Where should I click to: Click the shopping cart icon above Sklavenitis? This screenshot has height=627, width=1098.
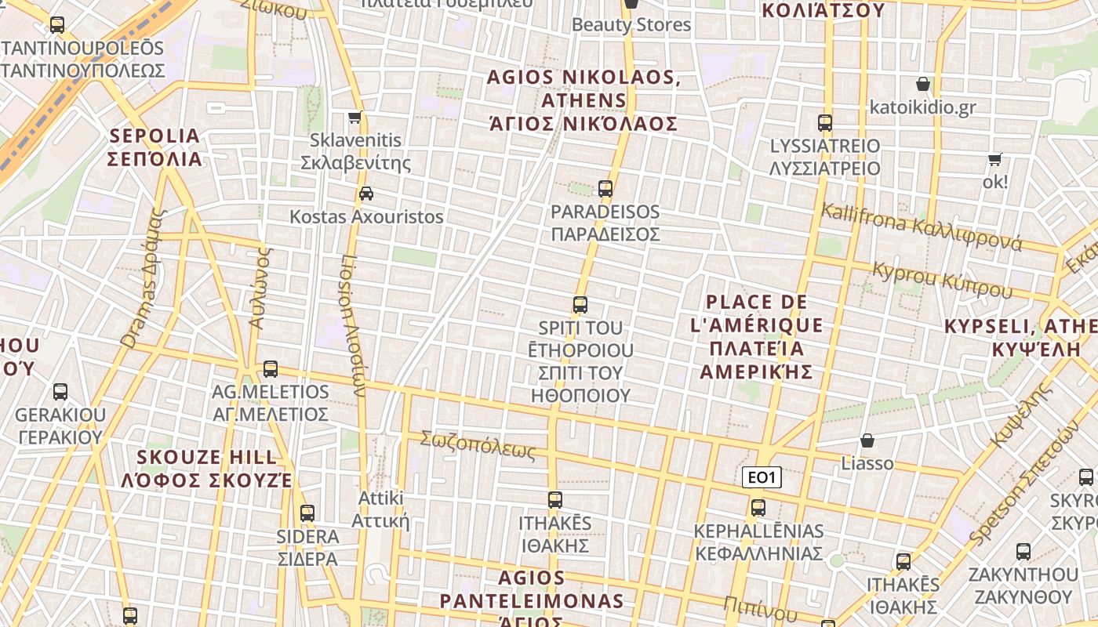[355, 118]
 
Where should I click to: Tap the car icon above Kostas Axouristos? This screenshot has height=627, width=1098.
[365, 193]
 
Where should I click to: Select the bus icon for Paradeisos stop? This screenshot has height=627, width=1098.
[605, 188]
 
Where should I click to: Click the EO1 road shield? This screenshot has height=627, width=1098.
[762, 477]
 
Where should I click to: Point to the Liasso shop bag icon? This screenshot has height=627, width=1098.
[867, 440]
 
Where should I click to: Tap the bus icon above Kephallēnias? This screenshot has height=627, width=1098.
[758, 507]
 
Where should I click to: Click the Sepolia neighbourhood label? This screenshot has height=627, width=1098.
[155, 147]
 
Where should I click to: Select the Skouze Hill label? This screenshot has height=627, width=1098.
[207, 469]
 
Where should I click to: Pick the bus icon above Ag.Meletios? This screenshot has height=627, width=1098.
[271, 368]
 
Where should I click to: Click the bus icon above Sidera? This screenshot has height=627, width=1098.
[307, 513]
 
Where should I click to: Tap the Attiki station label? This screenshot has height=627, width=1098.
[380, 509]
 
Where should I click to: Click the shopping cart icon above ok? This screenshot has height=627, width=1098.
[995, 159]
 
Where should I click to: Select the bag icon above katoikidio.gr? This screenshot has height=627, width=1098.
[923, 84]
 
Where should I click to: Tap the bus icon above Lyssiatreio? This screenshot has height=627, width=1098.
[824, 123]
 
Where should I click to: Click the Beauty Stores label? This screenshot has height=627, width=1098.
[631, 24]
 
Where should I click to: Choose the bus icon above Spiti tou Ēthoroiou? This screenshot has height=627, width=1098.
[580, 305]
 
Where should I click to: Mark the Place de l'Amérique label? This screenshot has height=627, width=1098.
[757, 337]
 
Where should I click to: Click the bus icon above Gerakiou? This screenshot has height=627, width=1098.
[60, 391]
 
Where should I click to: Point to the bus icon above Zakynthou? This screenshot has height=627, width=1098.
[1023, 551]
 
